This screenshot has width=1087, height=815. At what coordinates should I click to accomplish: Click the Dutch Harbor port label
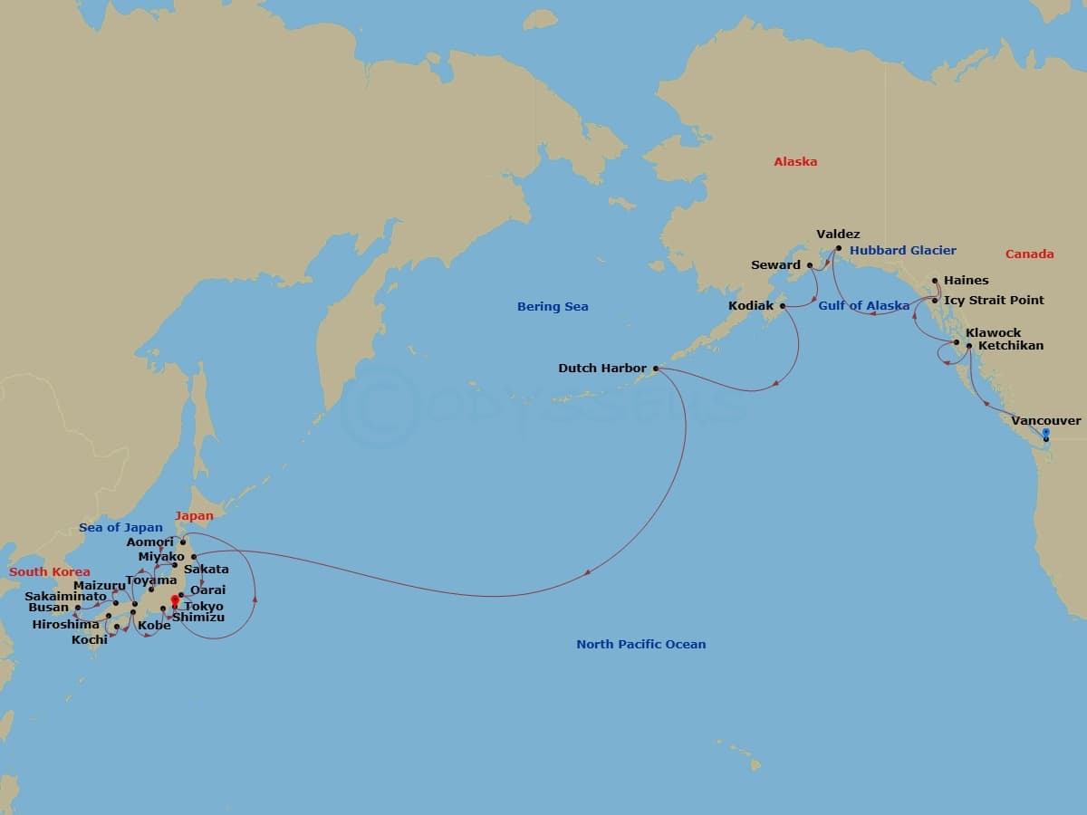click(x=602, y=369)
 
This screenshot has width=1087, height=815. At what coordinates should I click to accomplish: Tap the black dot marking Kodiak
click(x=783, y=306)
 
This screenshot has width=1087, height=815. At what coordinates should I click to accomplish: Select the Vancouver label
click(x=1045, y=421)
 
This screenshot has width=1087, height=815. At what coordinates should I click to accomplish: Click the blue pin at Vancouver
click(x=1045, y=434)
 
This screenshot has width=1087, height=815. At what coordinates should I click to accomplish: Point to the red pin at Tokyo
click(x=175, y=599)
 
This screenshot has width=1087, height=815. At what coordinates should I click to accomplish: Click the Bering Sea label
click(x=553, y=307)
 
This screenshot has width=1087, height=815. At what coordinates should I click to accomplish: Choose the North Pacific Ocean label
click(x=640, y=645)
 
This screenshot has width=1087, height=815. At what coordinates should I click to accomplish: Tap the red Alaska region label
click(x=795, y=162)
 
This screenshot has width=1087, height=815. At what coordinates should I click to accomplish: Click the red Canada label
click(x=1030, y=254)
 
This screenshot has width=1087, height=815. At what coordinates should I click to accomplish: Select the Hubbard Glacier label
click(x=902, y=251)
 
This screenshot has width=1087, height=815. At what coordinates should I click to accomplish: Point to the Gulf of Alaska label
click(x=863, y=306)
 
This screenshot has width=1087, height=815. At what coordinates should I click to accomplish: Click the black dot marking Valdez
click(x=839, y=248)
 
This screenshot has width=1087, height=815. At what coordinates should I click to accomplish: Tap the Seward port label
click(x=776, y=265)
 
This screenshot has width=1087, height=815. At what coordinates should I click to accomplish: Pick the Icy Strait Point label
click(x=994, y=301)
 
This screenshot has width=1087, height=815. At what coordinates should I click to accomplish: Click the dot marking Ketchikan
click(x=969, y=346)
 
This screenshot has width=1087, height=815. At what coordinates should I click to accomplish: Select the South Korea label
click(x=50, y=572)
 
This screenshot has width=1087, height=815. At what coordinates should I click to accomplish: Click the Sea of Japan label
click(x=120, y=528)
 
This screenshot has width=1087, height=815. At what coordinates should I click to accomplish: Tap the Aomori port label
click(x=149, y=542)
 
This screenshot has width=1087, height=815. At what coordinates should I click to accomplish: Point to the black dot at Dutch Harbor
click(x=656, y=369)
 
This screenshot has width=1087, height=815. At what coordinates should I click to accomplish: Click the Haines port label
click(x=966, y=281)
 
